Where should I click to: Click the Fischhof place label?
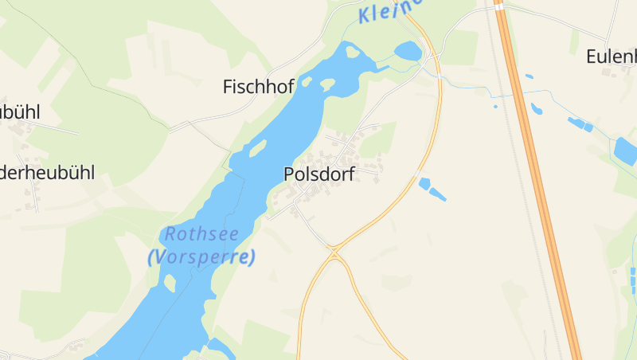tap(259, 86)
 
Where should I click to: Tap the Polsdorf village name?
tap(318, 174)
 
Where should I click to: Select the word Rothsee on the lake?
tap(201, 235)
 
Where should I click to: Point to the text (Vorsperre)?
tap(201, 257)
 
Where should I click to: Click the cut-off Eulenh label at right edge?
tap(612, 57)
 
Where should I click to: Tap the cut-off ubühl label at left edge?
tap(19, 112)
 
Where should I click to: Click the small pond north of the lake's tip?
tap(408, 52)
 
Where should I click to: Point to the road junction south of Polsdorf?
tap(335, 252)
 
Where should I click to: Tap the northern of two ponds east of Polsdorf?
tap(424, 183)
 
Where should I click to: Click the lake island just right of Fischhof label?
tap(327, 84)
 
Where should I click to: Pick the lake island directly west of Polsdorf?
tap(257, 147)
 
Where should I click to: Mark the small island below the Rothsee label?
tap(169, 281)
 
